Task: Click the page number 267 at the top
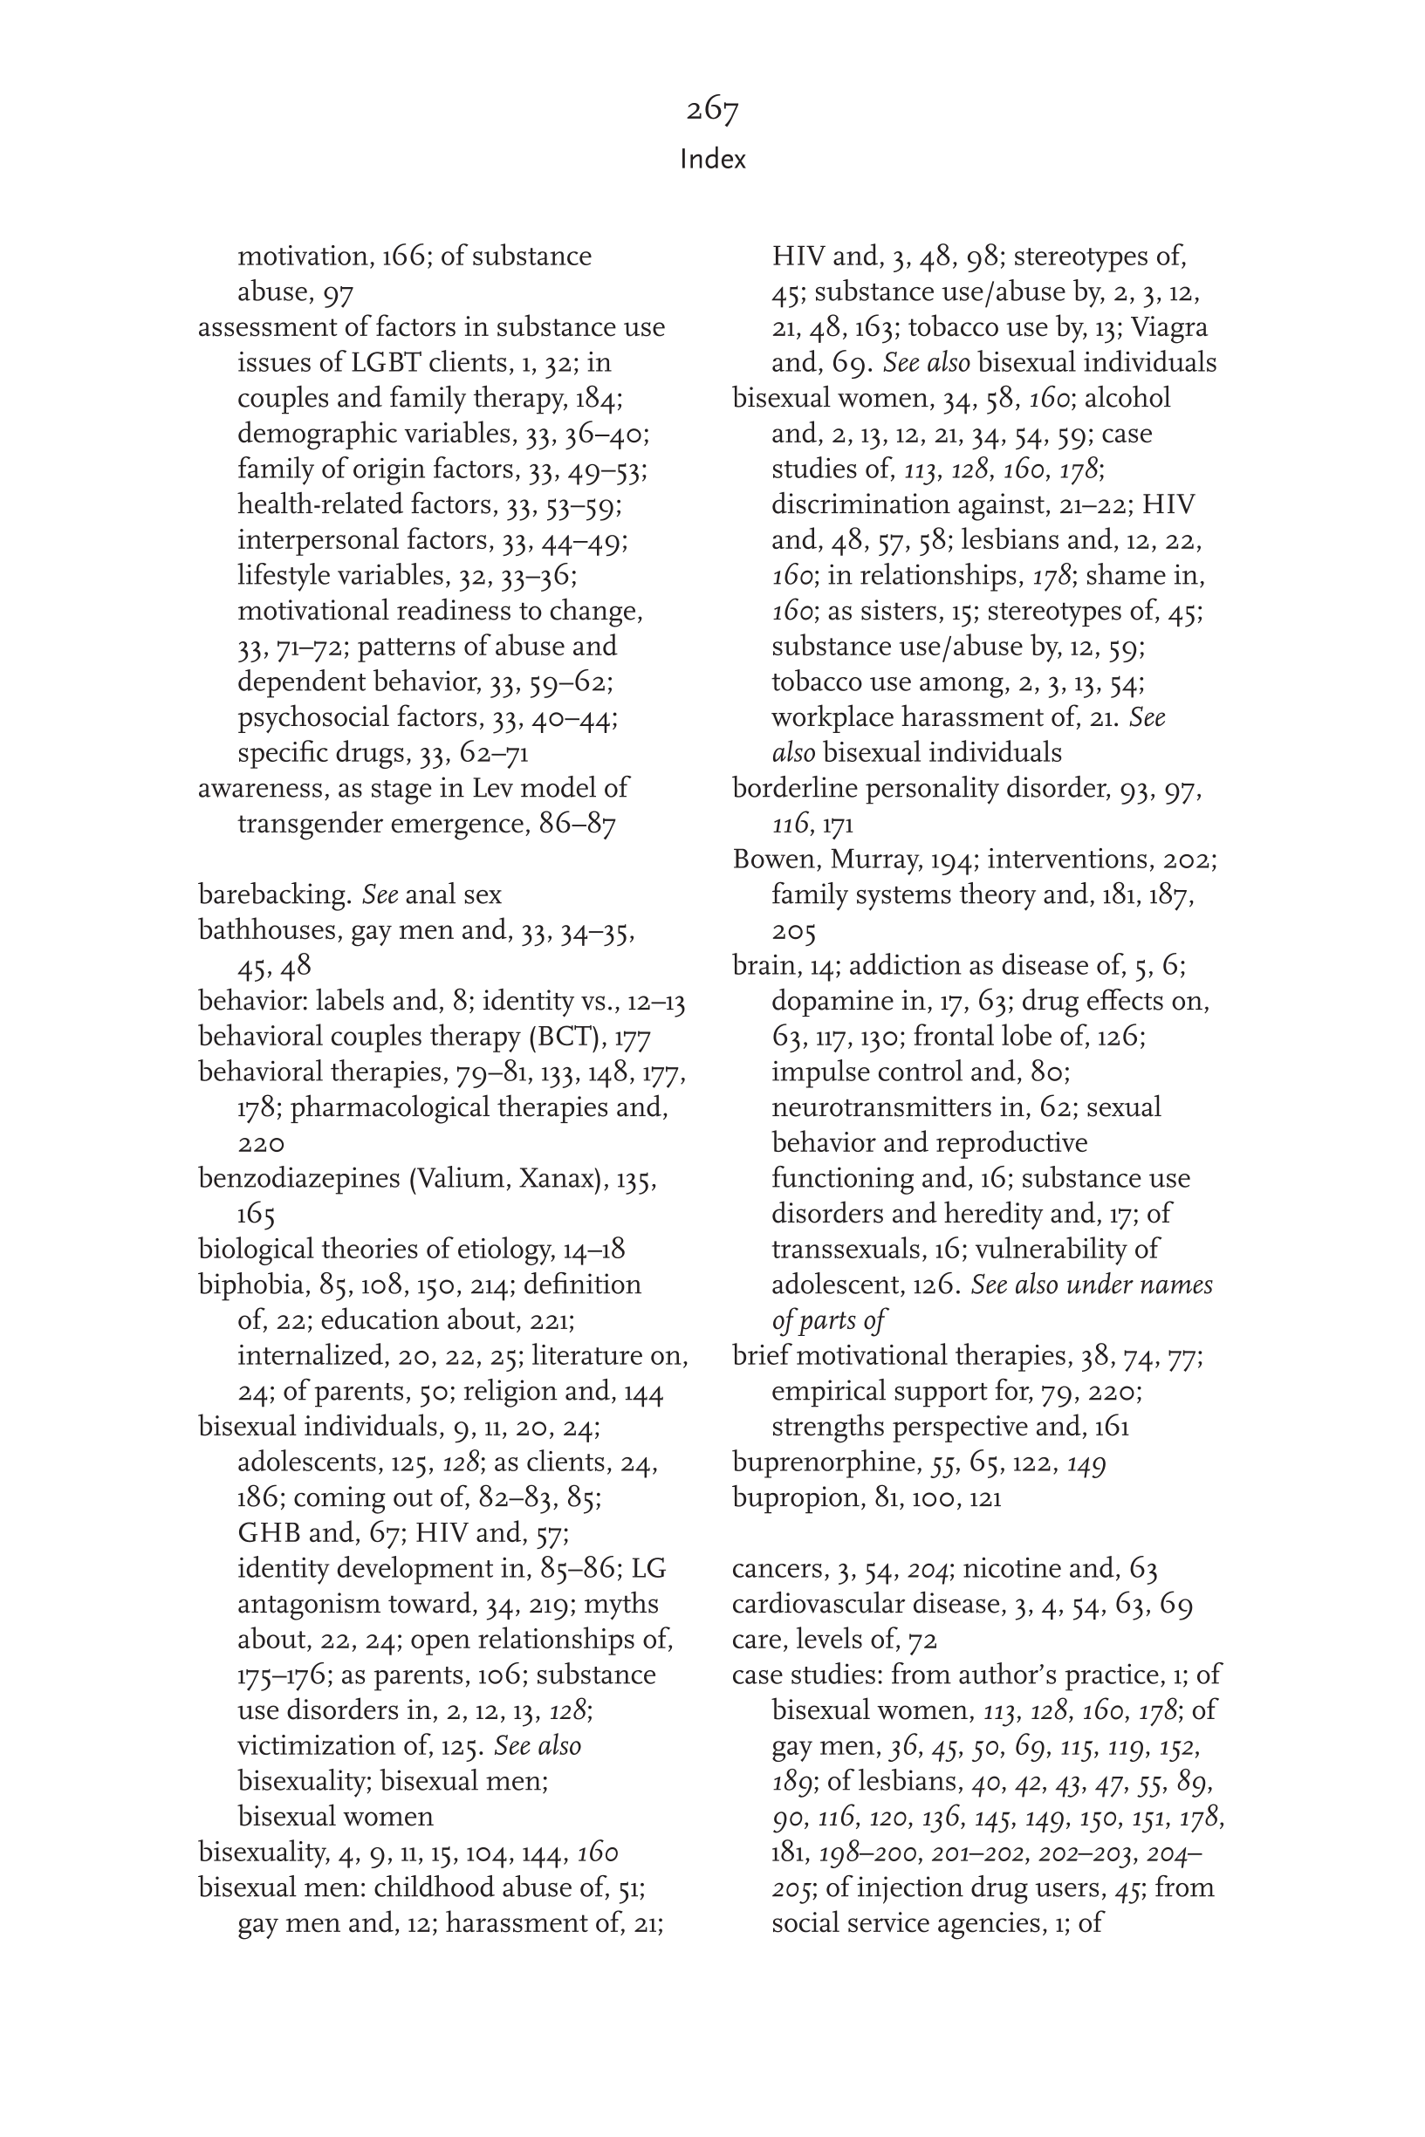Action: click(712, 110)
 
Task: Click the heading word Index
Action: click(712, 160)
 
